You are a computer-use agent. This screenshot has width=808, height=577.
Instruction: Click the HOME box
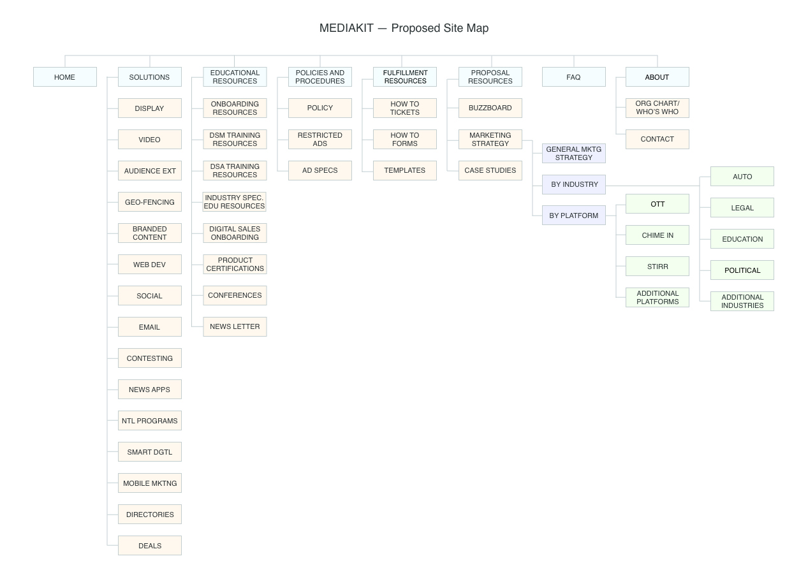tap(65, 77)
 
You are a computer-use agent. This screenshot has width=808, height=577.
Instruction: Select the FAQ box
tap(573, 77)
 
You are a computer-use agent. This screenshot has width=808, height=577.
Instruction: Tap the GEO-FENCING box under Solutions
tap(150, 202)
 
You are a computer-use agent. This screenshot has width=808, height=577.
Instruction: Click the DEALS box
tap(150, 546)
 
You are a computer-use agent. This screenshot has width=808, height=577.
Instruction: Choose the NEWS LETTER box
tap(235, 326)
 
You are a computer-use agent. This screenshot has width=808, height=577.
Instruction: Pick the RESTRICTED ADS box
tap(320, 139)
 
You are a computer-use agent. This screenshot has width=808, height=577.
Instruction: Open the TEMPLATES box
tap(405, 171)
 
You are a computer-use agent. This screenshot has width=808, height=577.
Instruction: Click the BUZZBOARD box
tap(490, 108)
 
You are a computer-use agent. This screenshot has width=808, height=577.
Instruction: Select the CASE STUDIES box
tap(490, 171)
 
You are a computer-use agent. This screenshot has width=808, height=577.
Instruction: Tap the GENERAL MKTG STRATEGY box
tap(573, 153)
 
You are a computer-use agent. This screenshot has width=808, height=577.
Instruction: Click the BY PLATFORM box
tap(573, 215)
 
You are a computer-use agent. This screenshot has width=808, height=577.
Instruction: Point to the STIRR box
tap(657, 266)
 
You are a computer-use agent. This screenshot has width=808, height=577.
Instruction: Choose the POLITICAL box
tap(742, 270)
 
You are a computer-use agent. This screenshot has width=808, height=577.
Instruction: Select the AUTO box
tap(742, 177)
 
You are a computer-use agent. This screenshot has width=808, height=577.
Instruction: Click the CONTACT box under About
tap(657, 139)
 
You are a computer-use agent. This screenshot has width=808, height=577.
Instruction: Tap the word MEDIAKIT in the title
tap(346, 28)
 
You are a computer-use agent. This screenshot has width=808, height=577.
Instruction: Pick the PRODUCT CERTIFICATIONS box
tap(235, 265)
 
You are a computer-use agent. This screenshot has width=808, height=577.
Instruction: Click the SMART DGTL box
tap(150, 452)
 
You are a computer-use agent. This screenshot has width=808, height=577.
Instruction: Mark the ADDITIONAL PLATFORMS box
tap(657, 298)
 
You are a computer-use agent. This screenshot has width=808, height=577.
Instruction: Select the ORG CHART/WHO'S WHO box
tap(657, 108)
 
